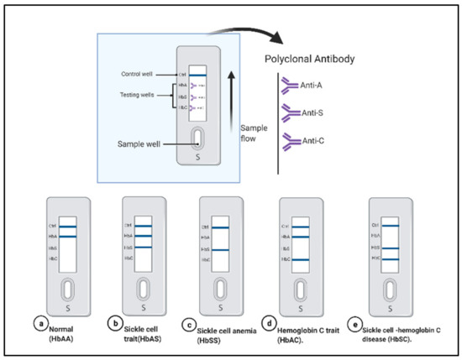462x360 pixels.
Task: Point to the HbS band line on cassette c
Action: [x=220, y=250]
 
